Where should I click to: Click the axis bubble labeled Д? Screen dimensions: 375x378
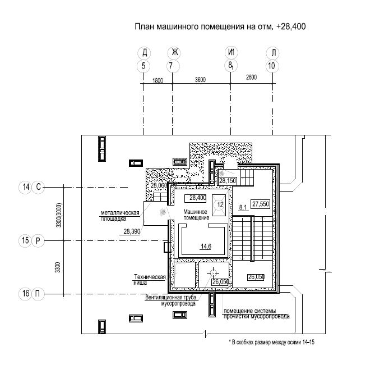(x=144, y=53)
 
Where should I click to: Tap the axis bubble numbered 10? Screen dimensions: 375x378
(x=272, y=66)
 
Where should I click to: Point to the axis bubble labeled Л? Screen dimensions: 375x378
(x=273, y=53)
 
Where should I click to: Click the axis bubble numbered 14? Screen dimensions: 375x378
(x=25, y=187)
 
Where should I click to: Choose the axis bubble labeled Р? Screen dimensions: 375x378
(x=38, y=240)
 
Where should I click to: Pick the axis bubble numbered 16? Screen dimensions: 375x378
(x=25, y=294)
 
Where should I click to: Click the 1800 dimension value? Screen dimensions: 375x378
(x=158, y=80)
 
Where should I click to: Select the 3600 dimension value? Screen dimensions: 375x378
(x=200, y=80)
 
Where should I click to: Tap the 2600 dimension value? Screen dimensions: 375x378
(x=251, y=78)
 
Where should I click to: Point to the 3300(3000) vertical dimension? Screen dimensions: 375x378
(x=59, y=215)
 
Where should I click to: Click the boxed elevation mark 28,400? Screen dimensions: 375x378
(x=195, y=198)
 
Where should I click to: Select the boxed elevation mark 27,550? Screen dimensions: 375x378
(x=260, y=204)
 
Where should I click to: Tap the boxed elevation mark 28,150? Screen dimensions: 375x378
(x=228, y=181)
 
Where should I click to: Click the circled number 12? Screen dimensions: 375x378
(x=220, y=204)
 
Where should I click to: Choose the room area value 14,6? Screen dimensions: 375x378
(x=206, y=247)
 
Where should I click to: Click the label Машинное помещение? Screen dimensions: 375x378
(x=196, y=215)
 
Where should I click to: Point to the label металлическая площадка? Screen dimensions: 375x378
(x=120, y=216)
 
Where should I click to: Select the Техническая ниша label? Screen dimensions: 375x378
(x=150, y=280)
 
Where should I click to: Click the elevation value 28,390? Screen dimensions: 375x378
(x=132, y=231)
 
